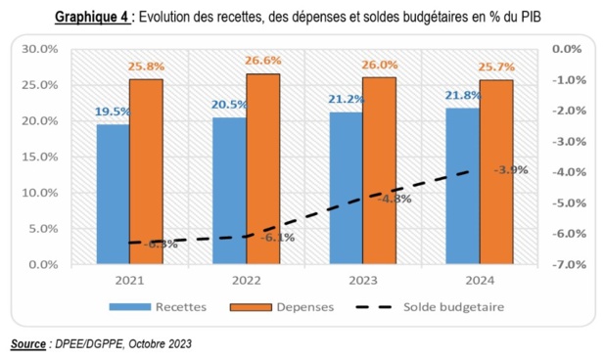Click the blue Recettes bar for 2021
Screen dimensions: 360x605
pyautogui.click(x=113, y=195)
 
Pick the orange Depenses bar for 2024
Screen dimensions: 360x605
pyautogui.click(x=495, y=172)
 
